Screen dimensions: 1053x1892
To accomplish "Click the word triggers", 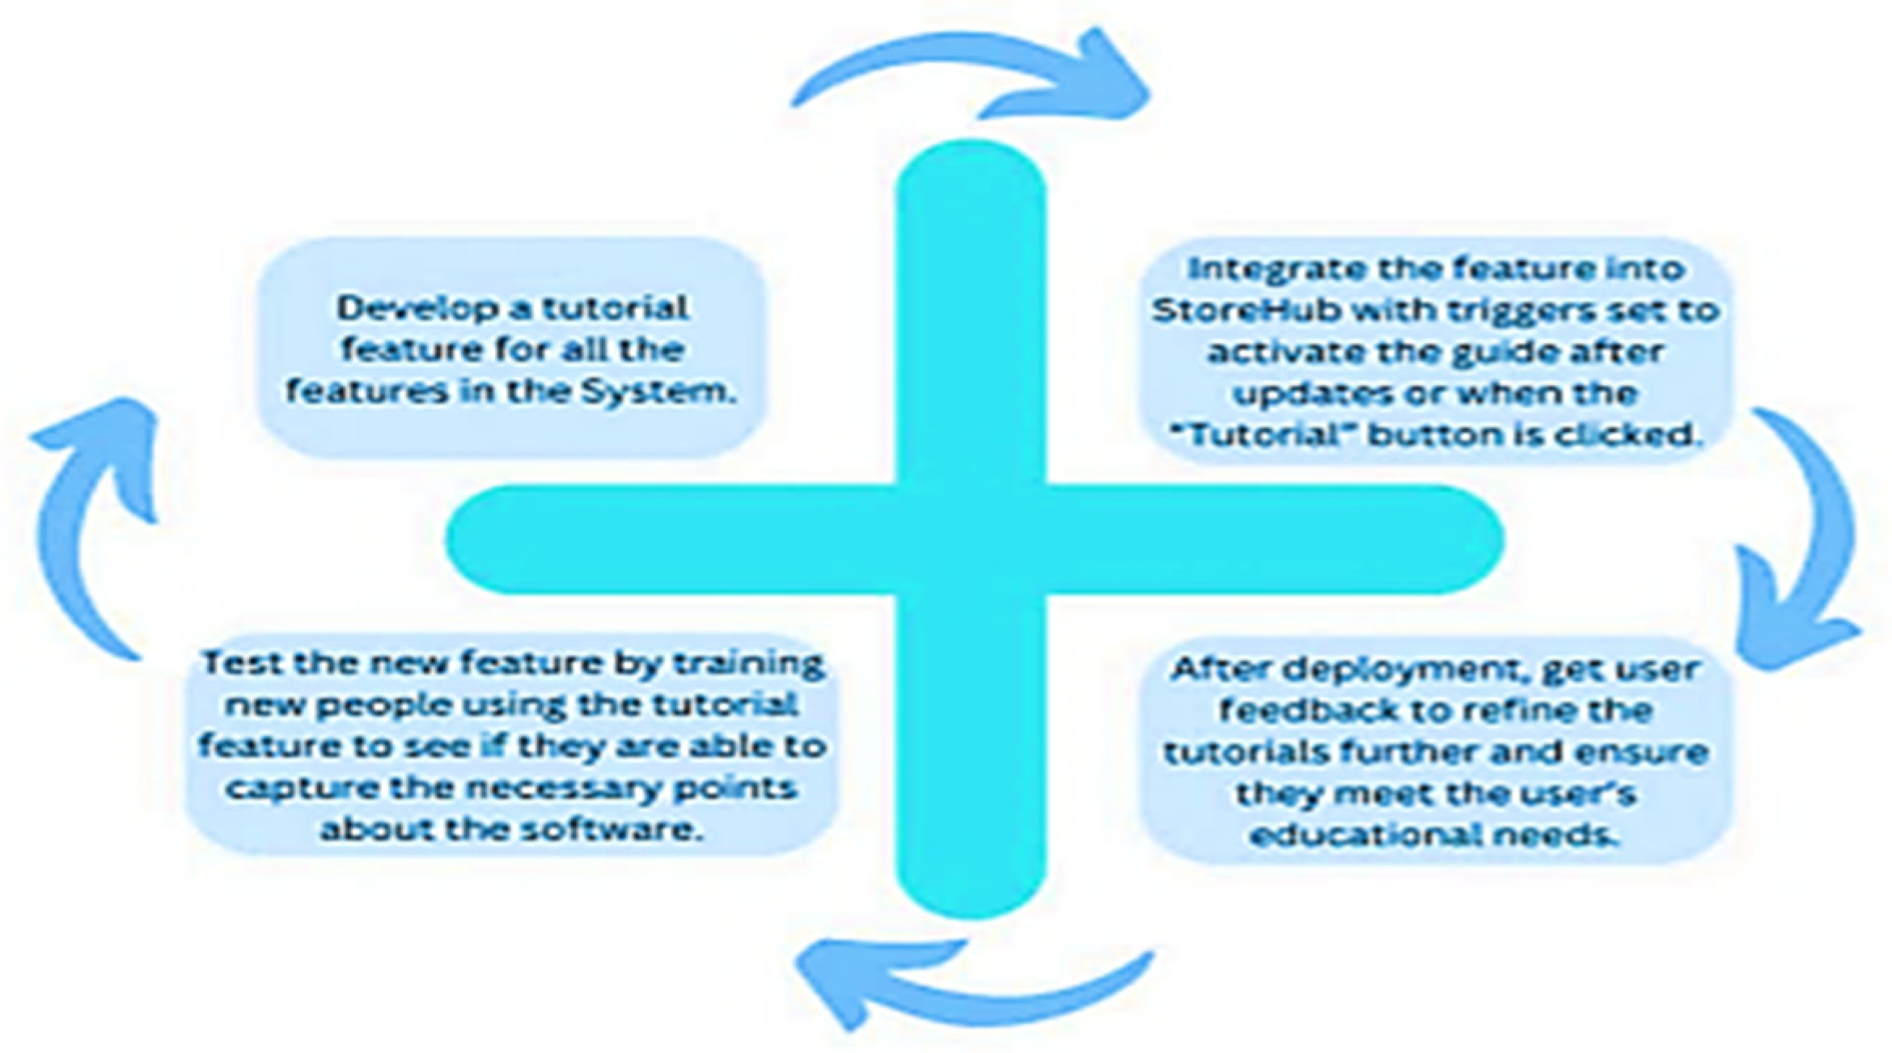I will point(1526,311).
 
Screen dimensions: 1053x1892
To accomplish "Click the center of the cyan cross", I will point(971,540).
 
